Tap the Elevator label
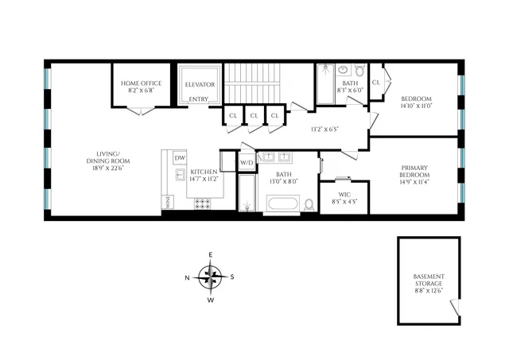[x=200, y=83]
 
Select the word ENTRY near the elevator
[x=198, y=99]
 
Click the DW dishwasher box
[x=180, y=158]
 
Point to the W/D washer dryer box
[x=247, y=163]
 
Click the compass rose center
[x=210, y=277]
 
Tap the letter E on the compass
[x=210, y=254]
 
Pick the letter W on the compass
[x=210, y=300]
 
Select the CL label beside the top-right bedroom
[x=376, y=81]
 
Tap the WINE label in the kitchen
[x=168, y=203]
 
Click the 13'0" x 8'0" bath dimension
[x=284, y=182]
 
